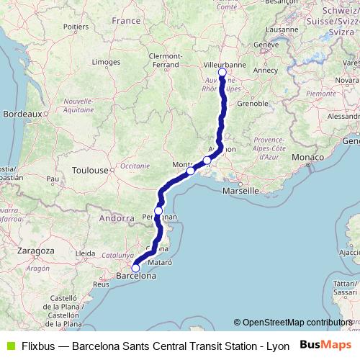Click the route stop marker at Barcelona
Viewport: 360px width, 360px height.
coord(135,269)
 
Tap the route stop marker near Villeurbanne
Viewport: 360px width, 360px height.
coord(222,73)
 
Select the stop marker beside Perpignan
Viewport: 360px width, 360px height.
coord(158,210)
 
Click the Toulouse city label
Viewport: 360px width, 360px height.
coord(90,171)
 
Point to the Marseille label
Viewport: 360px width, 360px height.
coord(240,192)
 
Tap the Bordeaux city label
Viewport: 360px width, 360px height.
coord(22,114)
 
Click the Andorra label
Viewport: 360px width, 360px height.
coord(116,217)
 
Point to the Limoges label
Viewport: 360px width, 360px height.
coord(106,63)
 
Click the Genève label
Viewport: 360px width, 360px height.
coord(266,44)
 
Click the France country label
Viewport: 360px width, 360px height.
coord(126,21)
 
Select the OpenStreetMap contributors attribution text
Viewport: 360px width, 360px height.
coord(297,323)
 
